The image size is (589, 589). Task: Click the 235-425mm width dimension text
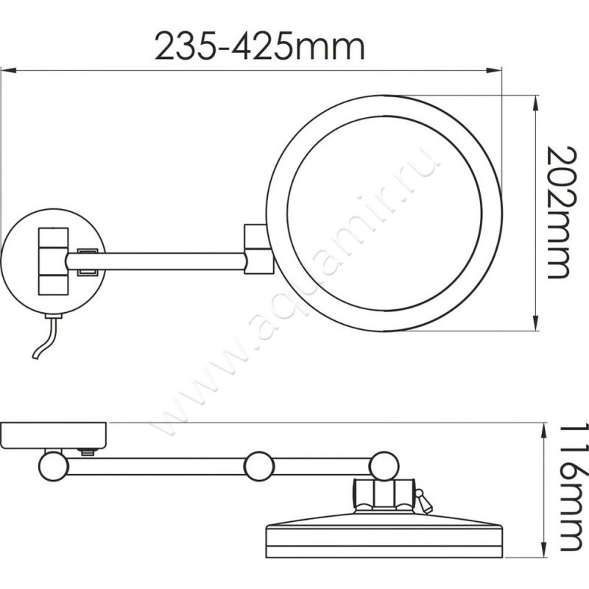click(x=260, y=47)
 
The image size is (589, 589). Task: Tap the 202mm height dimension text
click(x=560, y=212)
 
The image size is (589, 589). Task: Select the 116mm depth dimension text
click(x=574, y=488)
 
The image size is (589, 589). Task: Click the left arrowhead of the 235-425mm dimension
click(x=8, y=70)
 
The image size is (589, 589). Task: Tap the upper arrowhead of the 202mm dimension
click(x=535, y=104)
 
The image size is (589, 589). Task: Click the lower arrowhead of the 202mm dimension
click(x=535, y=323)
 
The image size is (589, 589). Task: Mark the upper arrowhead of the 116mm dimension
click(x=543, y=431)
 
